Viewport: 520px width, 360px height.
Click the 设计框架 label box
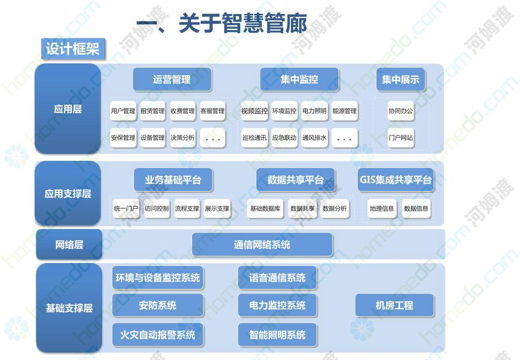(73, 49)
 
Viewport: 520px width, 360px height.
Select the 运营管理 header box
(172, 80)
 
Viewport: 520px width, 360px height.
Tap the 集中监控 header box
(300, 80)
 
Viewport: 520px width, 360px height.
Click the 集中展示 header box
(400, 80)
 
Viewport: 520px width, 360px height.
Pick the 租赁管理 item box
(153, 111)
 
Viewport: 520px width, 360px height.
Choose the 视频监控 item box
(254, 111)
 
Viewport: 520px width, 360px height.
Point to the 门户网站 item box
(401, 138)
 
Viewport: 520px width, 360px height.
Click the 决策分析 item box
(182, 138)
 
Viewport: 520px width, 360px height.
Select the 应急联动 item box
(284, 138)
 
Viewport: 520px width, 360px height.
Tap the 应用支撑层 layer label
(68, 193)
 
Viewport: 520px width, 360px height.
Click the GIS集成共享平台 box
(396, 180)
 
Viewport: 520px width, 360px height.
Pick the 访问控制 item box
(157, 208)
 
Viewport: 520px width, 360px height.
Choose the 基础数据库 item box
(266, 208)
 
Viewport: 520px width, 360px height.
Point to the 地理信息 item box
(382, 208)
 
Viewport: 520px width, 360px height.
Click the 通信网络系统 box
(262, 245)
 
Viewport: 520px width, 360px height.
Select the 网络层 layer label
(69, 245)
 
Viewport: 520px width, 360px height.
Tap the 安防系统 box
(157, 305)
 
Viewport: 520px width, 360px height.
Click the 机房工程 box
(395, 305)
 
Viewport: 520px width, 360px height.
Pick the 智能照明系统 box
(278, 335)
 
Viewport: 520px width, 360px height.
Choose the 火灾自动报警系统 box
(157, 335)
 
